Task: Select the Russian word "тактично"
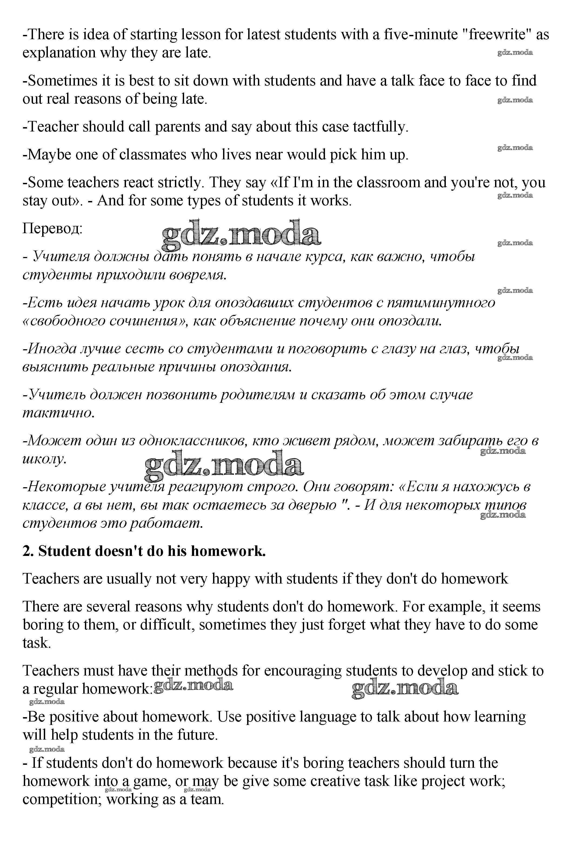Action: point(58,413)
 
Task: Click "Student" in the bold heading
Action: point(64,551)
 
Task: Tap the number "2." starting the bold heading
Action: point(28,551)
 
